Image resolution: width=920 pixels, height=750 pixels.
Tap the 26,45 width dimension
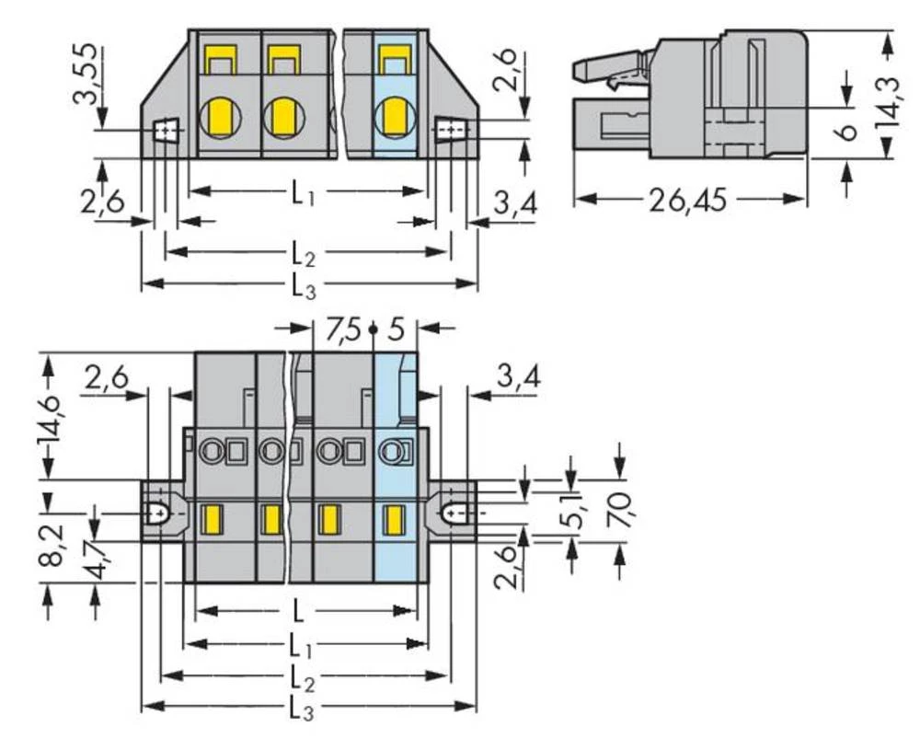tap(688, 201)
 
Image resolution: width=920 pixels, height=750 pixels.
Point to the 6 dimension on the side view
tap(848, 130)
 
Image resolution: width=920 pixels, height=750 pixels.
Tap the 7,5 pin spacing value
tap(341, 329)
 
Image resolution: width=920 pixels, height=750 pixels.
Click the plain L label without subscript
tap(297, 609)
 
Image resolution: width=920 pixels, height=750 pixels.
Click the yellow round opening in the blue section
tap(397, 118)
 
